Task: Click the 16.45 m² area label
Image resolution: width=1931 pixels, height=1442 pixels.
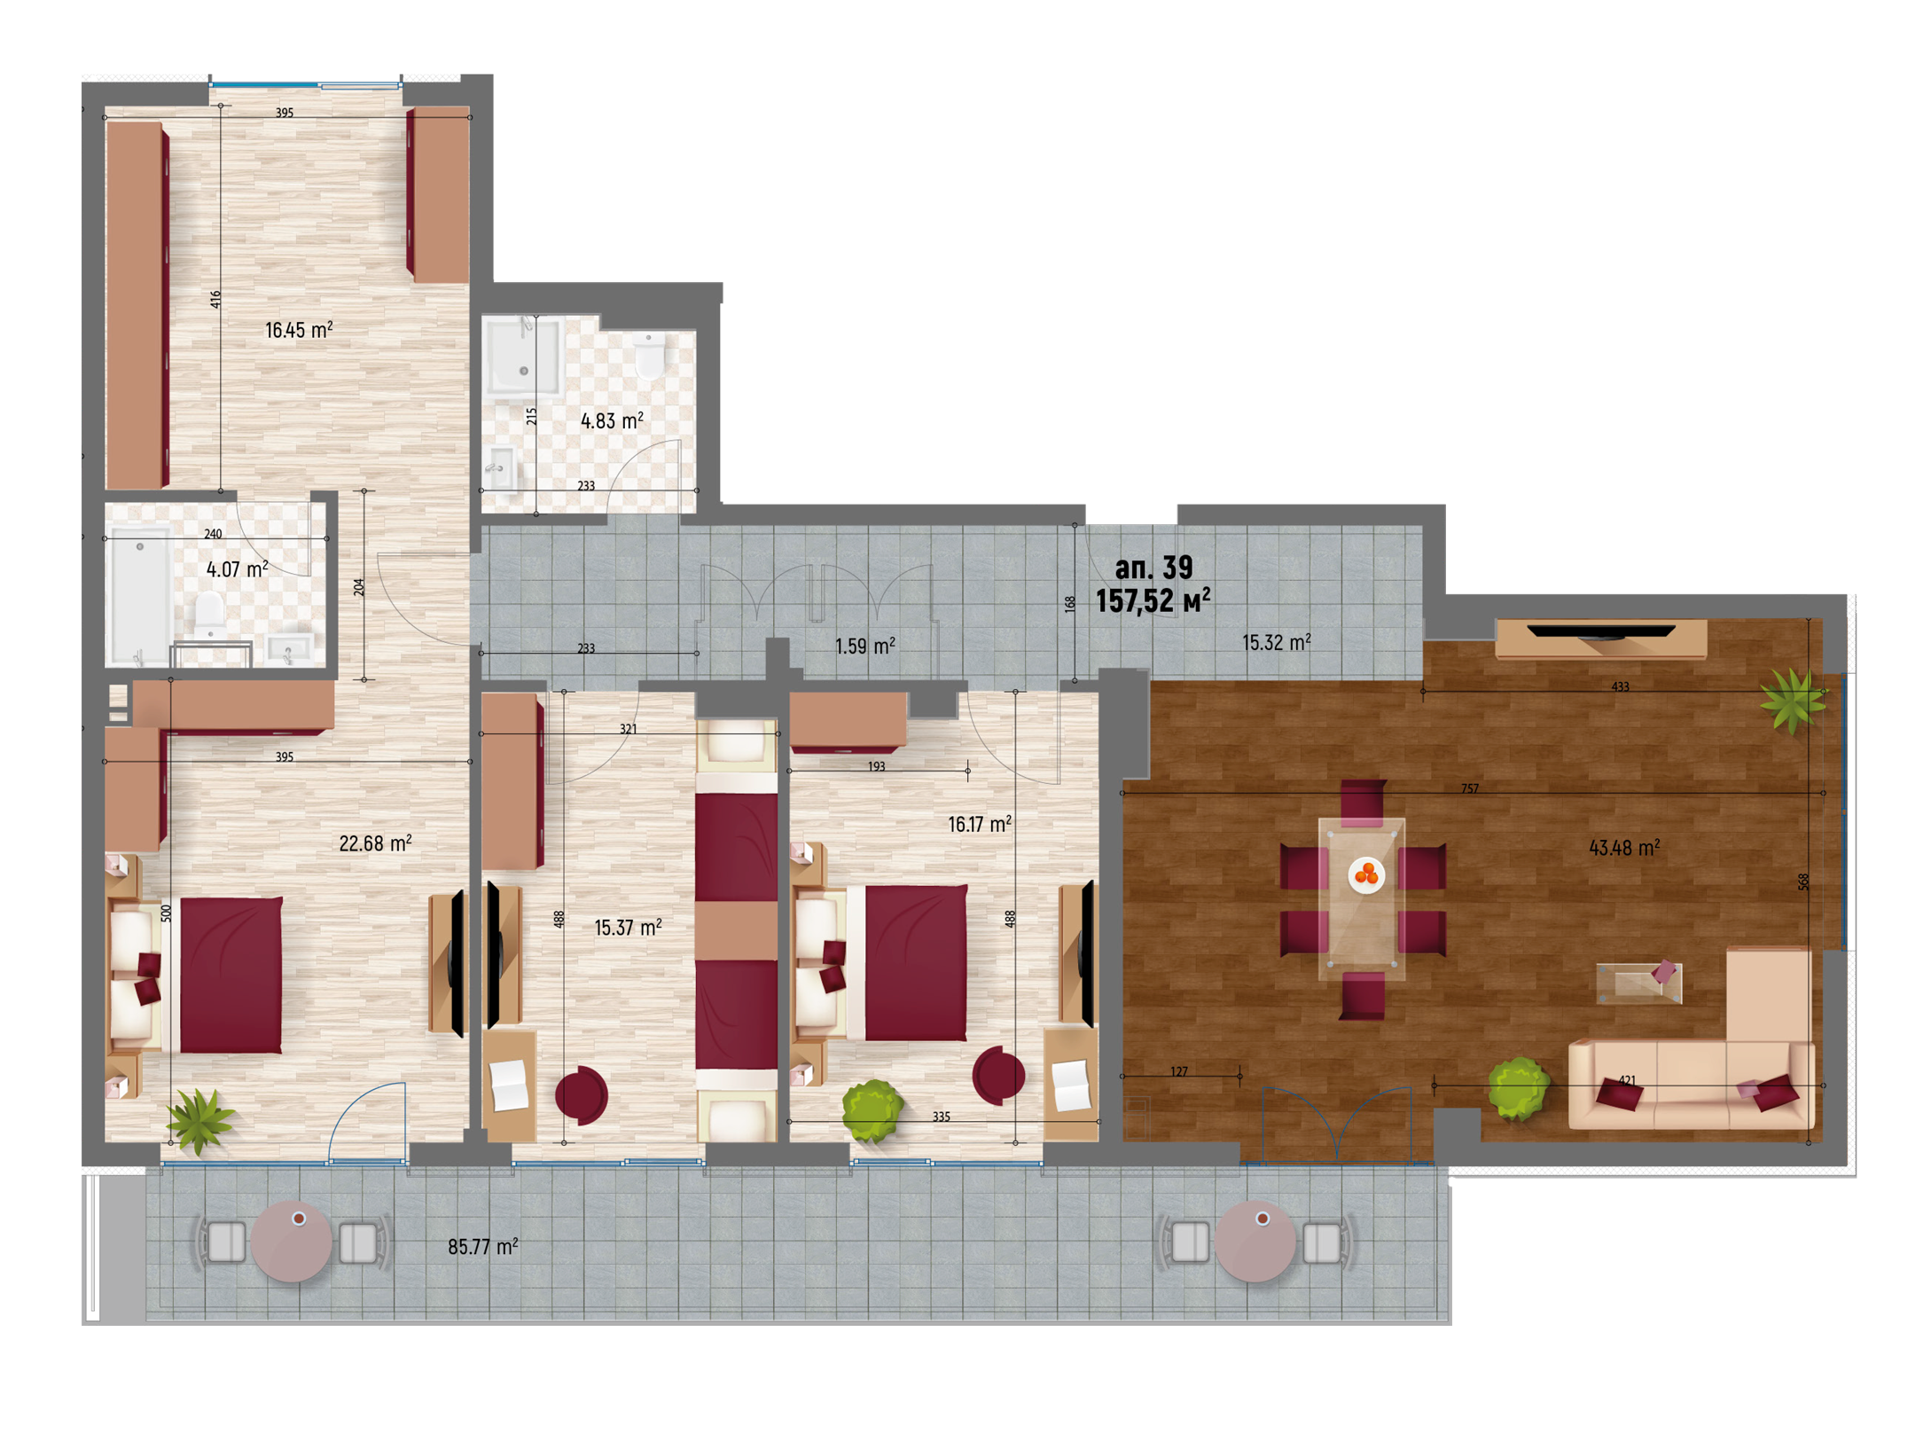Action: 299,330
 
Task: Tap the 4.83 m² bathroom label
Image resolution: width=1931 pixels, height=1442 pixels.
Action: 612,420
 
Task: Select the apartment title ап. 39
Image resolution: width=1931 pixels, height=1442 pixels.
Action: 1153,567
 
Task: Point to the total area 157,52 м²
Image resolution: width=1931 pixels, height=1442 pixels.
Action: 1153,600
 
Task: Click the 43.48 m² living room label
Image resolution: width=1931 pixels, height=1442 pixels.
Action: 1623,847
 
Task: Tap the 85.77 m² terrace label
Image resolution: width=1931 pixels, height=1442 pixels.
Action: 482,1246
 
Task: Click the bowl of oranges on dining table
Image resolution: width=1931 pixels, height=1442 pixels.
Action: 1366,874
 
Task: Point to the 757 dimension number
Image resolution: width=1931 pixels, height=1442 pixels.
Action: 1469,788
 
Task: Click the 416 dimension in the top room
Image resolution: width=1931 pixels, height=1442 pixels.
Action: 215,300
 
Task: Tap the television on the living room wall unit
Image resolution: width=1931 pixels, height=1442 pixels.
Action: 1601,631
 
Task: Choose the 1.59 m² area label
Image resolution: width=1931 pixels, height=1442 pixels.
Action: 864,646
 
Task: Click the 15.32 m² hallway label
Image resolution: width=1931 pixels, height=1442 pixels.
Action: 1276,642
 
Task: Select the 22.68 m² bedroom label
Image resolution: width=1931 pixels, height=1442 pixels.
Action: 375,842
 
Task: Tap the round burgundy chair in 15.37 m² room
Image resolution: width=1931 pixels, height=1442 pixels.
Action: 582,1095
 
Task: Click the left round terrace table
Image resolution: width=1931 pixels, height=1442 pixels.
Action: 292,1242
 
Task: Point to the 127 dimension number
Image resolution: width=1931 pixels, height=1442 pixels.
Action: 1178,1070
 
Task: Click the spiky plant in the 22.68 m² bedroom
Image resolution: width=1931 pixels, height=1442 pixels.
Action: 202,1120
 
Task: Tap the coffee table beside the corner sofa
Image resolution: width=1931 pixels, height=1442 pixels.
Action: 1638,982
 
